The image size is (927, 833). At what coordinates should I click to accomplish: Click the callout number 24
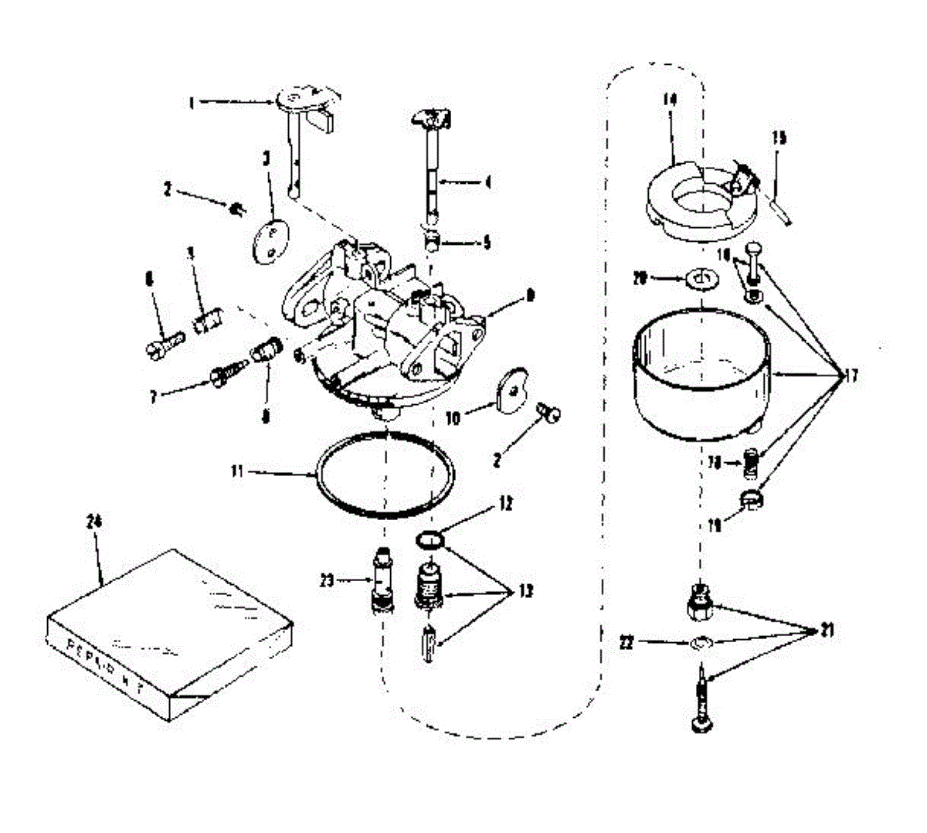coord(95,522)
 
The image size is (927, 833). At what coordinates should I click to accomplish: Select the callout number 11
coord(237,469)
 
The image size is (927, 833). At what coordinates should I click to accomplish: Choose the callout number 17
coord(851,376)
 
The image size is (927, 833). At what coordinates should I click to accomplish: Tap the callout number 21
coord(826,631)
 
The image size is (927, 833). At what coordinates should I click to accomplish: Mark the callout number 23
coord(327,580)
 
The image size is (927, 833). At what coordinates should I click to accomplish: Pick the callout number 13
coord(525,592)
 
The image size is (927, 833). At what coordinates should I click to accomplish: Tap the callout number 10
coord(453,418)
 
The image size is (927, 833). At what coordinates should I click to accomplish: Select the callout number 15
coord(779,138)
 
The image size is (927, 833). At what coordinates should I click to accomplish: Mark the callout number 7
coord(154,397)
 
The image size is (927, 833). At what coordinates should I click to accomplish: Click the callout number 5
coord(486,243)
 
